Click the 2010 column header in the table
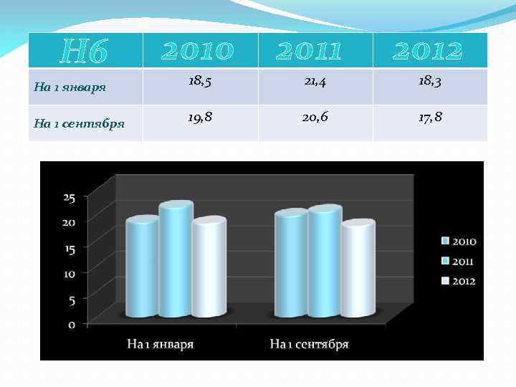pos(198,51)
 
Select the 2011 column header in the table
pos(309,51)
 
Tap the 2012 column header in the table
pos(428,51)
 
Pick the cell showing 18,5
pos(199,82)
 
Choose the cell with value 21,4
pos(315,82)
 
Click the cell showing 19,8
pos(199,118)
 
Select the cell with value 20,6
pos(315,118)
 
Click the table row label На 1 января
pos(70,88)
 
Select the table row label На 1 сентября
pos(80,124)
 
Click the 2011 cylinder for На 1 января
pos(176,262)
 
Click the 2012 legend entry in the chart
pos(459,281)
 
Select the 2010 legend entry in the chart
pos(459,242)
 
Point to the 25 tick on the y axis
pos(70,198)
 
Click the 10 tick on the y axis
pos(70,274)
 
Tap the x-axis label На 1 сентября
pos(309,345)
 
